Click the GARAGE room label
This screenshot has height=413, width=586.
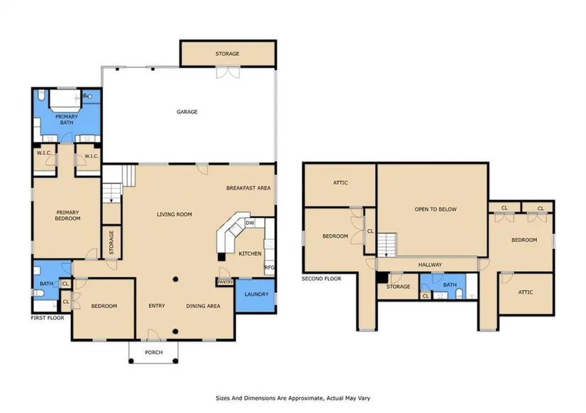(187, 111)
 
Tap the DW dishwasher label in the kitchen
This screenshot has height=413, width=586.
(250, 223)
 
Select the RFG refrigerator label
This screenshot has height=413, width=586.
(269, 268)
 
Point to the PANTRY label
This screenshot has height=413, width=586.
(225, 282)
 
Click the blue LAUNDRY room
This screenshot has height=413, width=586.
(256, 296)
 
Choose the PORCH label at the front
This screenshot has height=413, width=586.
(153, 352)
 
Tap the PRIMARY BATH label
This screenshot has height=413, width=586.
(67, 119)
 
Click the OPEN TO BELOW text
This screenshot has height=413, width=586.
(435, 209)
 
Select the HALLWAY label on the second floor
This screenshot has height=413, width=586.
(430, 265)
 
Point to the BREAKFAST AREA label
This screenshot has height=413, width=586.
(249, 188)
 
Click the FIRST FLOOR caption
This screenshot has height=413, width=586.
(48, 318)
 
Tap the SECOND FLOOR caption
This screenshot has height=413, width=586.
(321, 279)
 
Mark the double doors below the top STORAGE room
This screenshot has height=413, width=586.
(227, 72)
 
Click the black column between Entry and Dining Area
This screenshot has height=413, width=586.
(175, 280)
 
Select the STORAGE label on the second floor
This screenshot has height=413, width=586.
(398, 287)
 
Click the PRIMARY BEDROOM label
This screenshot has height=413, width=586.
(67, 216)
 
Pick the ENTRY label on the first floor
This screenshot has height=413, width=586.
(156, 306)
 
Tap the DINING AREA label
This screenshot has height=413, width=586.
(203, 306)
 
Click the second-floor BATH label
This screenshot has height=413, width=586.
(450, 285)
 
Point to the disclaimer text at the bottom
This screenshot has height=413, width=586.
(293, 398)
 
